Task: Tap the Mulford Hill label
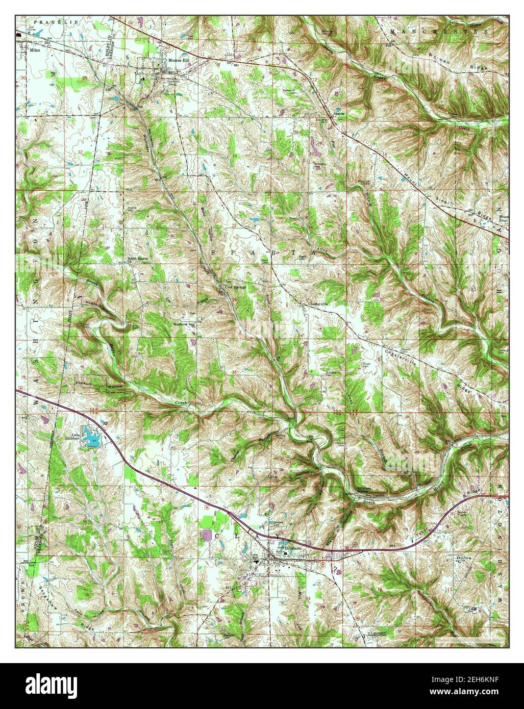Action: coord(185,324)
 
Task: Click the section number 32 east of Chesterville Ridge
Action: coord(460,373)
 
